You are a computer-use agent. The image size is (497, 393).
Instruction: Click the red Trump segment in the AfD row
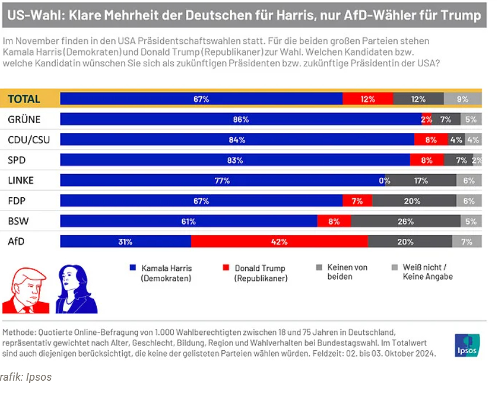279,241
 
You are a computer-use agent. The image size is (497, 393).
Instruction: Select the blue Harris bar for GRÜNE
241,119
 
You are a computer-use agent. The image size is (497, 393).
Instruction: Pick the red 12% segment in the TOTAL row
368,99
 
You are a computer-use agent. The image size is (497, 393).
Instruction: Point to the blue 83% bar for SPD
235,160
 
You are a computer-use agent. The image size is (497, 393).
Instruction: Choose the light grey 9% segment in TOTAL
462,99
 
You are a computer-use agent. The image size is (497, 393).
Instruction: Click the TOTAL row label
24,99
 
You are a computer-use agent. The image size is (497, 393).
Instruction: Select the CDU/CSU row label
29,140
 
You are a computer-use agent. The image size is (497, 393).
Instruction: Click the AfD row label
17,241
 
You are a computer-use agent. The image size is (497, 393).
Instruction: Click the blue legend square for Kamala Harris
133,268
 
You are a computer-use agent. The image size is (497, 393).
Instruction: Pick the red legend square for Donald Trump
226,268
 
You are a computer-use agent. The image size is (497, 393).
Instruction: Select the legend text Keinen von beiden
347,272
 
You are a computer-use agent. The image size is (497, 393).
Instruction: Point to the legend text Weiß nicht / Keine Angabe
427,272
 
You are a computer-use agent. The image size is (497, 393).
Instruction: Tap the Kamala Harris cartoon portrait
76,289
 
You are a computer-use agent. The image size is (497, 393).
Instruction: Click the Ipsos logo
467,345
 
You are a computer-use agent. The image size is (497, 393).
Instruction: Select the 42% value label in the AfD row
279,241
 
